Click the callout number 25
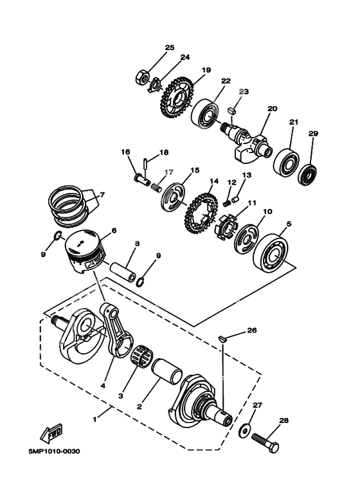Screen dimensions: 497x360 (x=170, y=48)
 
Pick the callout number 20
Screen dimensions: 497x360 (x=273, y=109)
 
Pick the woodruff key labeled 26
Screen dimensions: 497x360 (x=222, y=336)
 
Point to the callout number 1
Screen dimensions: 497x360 (x=95, y=419)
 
